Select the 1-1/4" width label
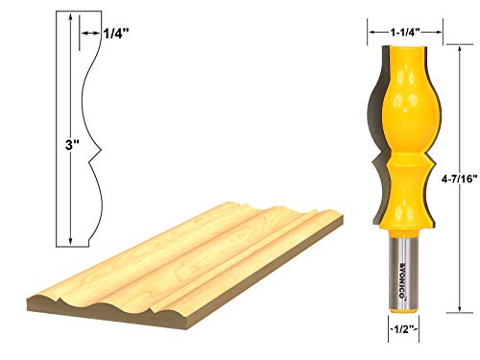(405, 31)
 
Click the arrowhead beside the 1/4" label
(82, 34)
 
